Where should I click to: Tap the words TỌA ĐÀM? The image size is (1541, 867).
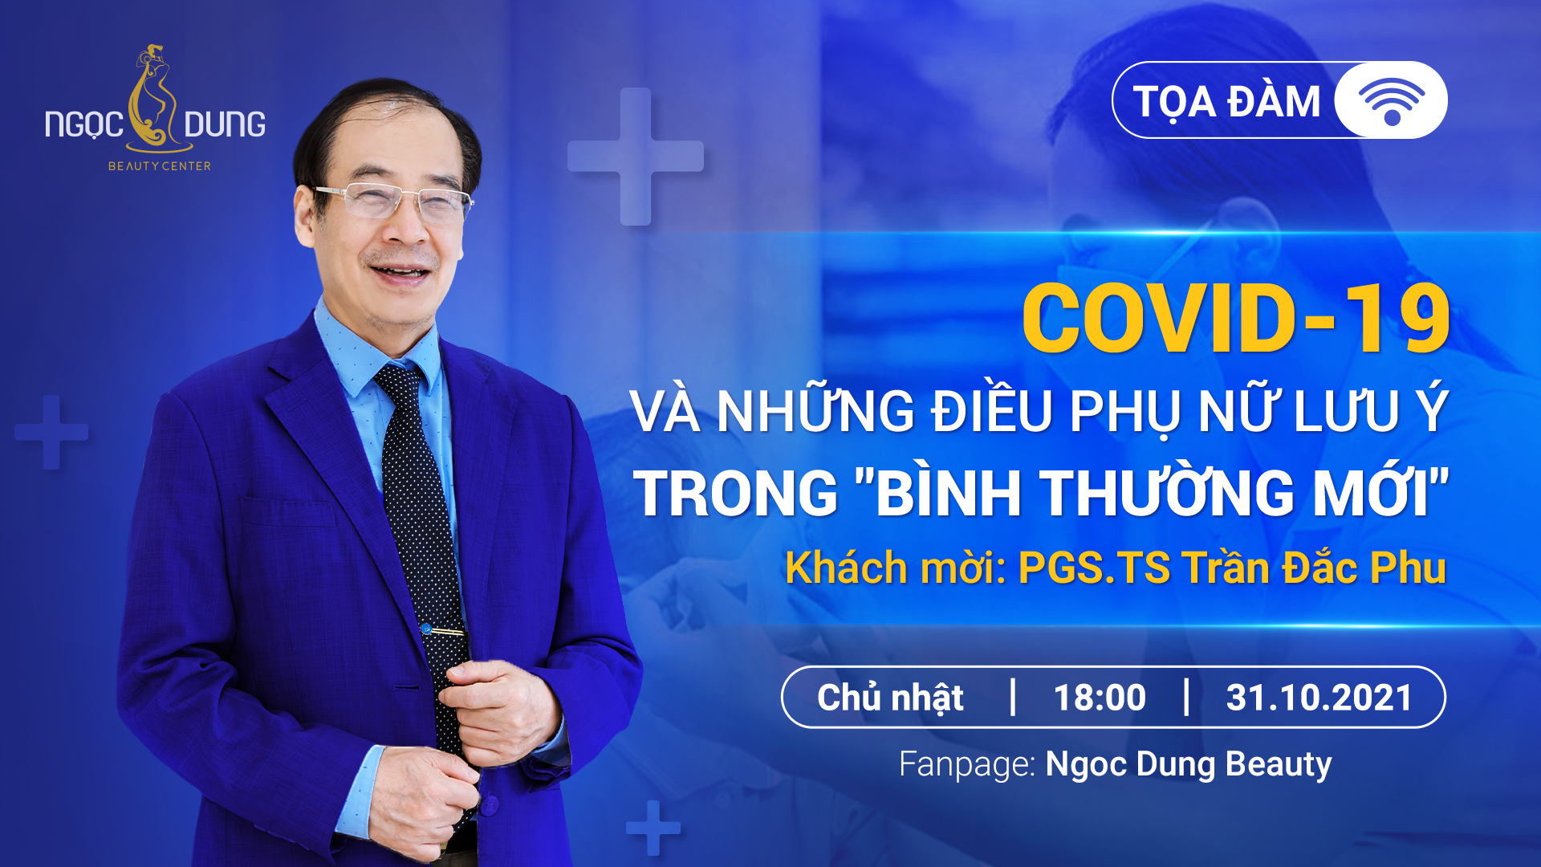[1226, 102]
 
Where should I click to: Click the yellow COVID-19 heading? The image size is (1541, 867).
[1235, 319]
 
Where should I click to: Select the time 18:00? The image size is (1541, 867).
[1099, 698]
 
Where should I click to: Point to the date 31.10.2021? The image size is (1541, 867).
[1319, 698]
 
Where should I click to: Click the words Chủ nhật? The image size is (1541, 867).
[890, 698]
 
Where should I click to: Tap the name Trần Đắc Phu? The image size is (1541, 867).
[1313, 568]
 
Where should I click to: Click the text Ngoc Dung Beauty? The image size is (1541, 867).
[1189, 764]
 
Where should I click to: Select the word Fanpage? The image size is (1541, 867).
[966, 764]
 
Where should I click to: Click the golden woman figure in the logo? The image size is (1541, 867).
[157, 100]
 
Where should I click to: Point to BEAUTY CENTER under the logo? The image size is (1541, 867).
[160, 166]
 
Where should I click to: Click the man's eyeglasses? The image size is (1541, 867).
[393, 199]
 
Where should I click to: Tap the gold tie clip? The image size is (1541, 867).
[444, 631]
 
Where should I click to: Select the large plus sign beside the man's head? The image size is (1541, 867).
[636, 157]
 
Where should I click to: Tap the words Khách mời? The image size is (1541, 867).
[894, 568]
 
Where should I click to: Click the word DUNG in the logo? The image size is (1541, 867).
[225, 124]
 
